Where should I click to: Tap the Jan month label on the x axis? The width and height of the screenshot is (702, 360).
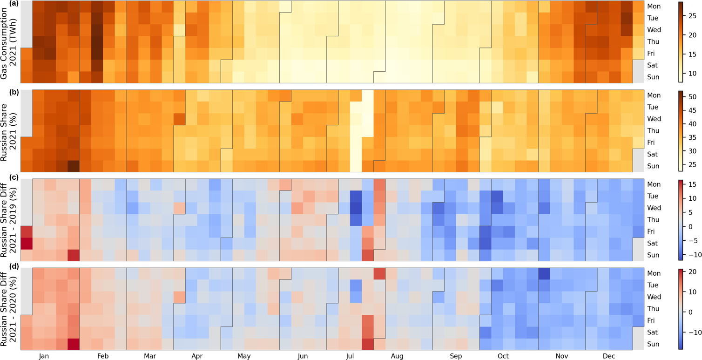(44, 356)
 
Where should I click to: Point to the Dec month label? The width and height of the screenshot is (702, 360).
(609, 356)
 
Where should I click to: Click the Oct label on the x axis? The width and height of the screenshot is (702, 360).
(503, 356)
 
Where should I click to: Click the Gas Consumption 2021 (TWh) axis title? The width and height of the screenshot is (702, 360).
(10, 42)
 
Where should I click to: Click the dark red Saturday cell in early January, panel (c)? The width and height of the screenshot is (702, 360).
(26, 243)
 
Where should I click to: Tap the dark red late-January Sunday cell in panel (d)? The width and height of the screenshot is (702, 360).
(74, 344)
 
